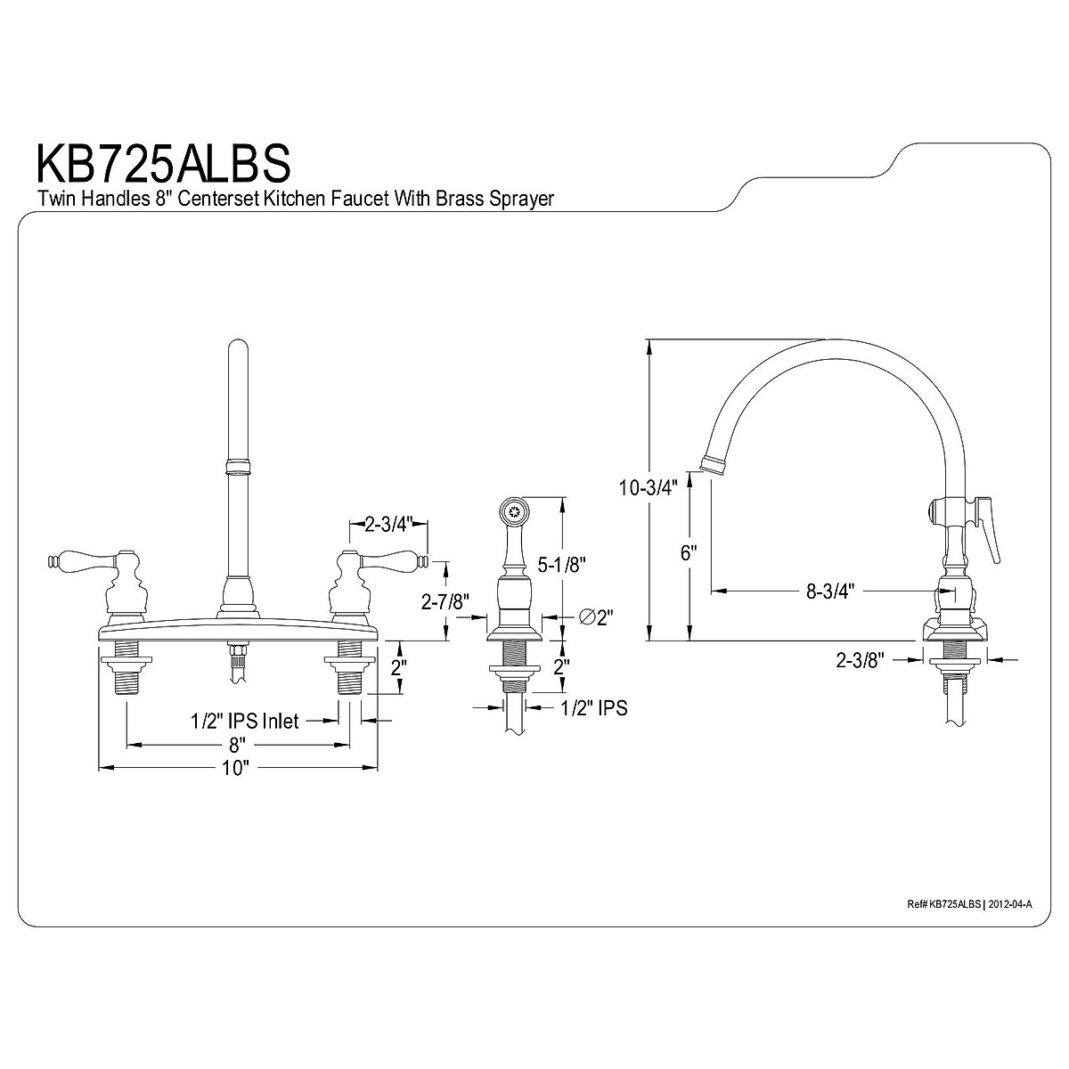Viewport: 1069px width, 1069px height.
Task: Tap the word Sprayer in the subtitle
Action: click(521, 199)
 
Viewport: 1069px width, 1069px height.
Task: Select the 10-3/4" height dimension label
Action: click(649, 487)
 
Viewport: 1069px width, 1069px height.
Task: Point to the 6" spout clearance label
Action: click(689, 553)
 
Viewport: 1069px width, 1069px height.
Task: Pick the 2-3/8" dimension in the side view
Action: click(860, 659)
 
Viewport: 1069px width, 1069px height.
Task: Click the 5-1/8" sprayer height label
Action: click(561, 565)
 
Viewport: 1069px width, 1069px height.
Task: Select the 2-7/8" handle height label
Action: click(445, 601)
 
